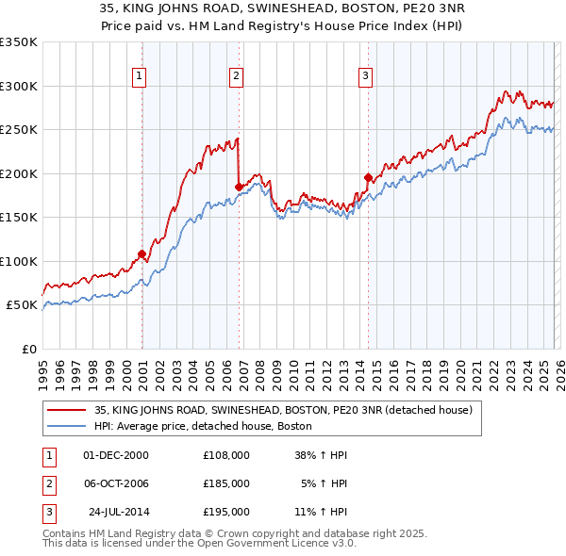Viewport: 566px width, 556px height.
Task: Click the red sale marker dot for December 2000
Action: tap(141, 253)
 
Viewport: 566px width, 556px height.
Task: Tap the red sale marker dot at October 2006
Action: tap(239, 187)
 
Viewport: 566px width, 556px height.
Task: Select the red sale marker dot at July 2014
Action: tap(368, 177)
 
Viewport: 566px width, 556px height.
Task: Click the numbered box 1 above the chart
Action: tap(139, 76)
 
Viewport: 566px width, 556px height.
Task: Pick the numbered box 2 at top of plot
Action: tap(236, 76)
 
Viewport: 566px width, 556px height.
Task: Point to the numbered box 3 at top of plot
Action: tap(365, 76)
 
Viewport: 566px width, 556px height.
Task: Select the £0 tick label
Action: tap(28, 349)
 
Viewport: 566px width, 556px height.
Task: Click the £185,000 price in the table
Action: tap(225, 482)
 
